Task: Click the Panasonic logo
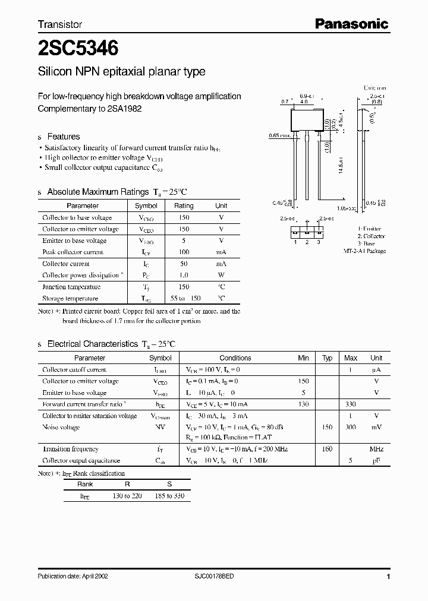point(351,24)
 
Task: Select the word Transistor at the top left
point(60,24)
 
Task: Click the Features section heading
point(64,136)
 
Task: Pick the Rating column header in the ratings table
point(184,205)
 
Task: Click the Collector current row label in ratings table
point(66,264)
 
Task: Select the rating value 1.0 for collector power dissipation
point(184,276)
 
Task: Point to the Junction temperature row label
point(70,287)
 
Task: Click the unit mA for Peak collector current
point(221,252)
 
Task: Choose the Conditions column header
point(235,358)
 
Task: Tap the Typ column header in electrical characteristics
point(327,358)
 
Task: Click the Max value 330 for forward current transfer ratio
point(351,404)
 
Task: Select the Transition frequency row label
point(71,450)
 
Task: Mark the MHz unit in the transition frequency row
point(376,450)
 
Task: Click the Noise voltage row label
point(61,428)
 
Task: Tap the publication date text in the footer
point(73,576)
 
